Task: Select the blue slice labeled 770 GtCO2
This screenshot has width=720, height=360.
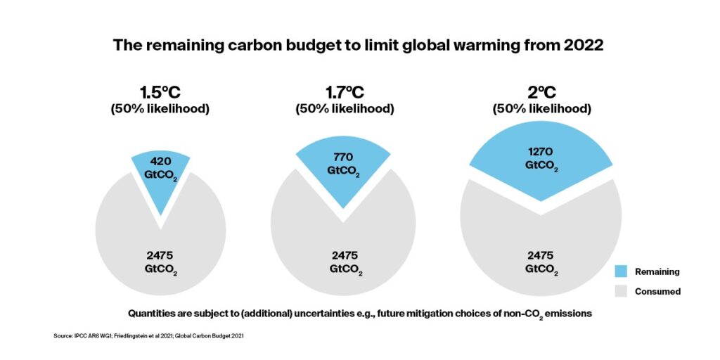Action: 343,169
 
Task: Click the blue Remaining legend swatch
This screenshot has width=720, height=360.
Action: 621,271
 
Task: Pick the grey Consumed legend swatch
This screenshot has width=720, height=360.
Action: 621,291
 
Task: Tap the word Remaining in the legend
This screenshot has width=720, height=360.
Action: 657,271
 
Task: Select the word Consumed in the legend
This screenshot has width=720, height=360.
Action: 657,291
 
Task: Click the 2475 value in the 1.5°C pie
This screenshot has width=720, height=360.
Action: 160,255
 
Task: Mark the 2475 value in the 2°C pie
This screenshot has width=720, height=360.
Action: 541,255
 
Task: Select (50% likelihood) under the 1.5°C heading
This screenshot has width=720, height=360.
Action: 160,110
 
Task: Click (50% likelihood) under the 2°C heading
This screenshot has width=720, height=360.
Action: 541,110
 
